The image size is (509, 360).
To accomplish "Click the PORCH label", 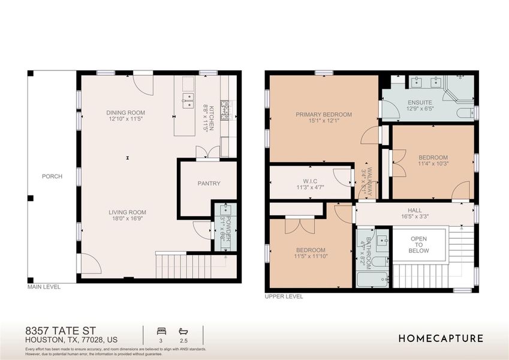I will pos(52,176).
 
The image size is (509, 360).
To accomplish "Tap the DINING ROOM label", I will pos(125,113).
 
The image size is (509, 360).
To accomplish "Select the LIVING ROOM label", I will pos(127,212).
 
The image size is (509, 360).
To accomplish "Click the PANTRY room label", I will pos(209,184).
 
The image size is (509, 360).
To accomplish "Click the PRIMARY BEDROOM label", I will pos(324,114).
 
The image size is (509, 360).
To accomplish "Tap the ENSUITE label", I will pos(420,103).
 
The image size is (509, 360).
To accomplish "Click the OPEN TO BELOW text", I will pos(418,244).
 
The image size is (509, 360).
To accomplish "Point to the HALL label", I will pos(415,210).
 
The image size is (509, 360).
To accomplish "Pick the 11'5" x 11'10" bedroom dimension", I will pos(311,256).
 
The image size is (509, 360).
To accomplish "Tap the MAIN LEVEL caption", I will pos(44,287).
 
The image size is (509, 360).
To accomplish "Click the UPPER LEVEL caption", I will pos(284,296).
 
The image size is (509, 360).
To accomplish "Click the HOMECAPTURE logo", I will pos(441,338).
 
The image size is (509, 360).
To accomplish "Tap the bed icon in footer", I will pos(160,331).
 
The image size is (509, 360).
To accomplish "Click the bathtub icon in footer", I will pos(183,331).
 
